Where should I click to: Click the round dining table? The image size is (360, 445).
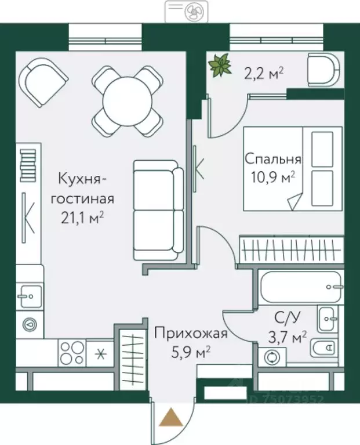coord(127,99)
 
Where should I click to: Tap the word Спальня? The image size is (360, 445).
coord(272,159)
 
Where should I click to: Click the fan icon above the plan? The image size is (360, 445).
coord(190,10)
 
